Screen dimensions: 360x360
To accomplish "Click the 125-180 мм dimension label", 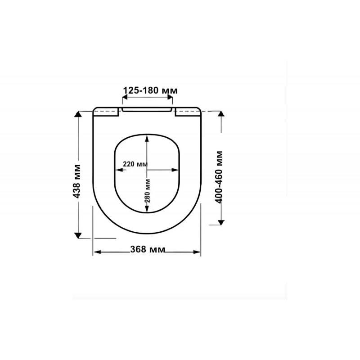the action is coord(150,90).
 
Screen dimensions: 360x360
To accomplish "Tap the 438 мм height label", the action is coord(76,181).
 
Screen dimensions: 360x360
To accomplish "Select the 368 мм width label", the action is coord(148,249).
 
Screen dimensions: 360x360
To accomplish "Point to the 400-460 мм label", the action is coord(219,177).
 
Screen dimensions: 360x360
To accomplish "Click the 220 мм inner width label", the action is coord(135,164).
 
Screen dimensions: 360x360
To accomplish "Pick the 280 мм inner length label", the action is coord(148,191).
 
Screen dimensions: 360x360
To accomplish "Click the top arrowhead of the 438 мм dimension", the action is coord(78,114).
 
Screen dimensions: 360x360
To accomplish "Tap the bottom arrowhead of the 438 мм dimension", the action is coord(78,235).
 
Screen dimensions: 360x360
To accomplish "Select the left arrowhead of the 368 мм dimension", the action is coord(97,252).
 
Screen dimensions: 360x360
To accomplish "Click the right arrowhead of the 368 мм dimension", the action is coord(197,252).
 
